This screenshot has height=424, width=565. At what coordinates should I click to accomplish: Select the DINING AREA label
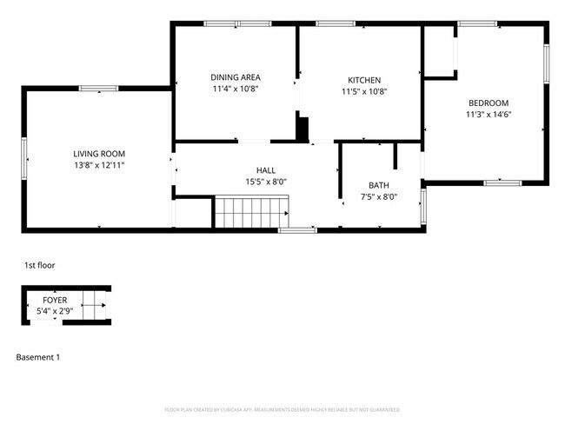coord(235,76)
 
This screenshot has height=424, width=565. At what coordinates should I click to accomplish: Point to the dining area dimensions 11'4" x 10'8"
coord(235,89)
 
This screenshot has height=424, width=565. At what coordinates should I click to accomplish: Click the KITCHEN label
coord(363,80)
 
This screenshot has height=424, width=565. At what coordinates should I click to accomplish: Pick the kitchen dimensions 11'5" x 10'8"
coord(363,91)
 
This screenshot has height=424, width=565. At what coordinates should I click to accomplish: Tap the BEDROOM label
coord(487,103)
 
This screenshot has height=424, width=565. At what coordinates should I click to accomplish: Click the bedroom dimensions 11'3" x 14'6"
coord(487,114)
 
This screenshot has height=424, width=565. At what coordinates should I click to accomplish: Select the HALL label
coord(266,169)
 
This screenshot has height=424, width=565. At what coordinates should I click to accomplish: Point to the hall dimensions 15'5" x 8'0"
coord(266,182)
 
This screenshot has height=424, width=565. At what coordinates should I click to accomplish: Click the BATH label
coord(378,185)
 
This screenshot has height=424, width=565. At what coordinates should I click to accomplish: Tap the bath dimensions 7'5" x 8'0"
coord(378,196)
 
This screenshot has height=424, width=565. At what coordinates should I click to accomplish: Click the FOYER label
coord(54,300)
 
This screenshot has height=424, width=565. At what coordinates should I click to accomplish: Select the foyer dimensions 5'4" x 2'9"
coord(54,310)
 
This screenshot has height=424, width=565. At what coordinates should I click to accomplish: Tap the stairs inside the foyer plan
coord(92,305)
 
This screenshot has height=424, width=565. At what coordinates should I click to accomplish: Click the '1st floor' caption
coord(40,265)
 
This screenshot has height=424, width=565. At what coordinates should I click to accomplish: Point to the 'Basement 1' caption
coord(38,357)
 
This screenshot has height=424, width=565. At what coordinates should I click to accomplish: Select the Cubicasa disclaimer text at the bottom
coord(282,409)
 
